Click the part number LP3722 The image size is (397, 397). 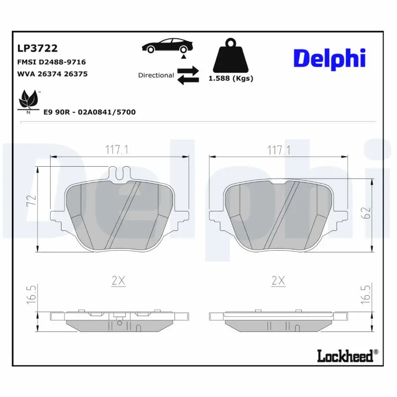(38, 48)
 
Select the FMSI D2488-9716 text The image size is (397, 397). (52, 62)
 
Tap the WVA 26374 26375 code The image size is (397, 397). (53, 74)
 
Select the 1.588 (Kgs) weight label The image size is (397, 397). (231, 78)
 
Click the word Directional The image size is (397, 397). (156, 75)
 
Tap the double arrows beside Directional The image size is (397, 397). (188, 75)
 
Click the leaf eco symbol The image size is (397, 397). (28, 101)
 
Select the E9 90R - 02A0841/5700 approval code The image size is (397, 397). (89, 112)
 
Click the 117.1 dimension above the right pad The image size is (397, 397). (278, 149)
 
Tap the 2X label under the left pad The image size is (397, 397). (118, 281)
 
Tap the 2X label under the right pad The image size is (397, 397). (278, 281)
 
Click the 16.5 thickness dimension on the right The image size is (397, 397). (367, 294)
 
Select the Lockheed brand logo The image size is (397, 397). (347, 355)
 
